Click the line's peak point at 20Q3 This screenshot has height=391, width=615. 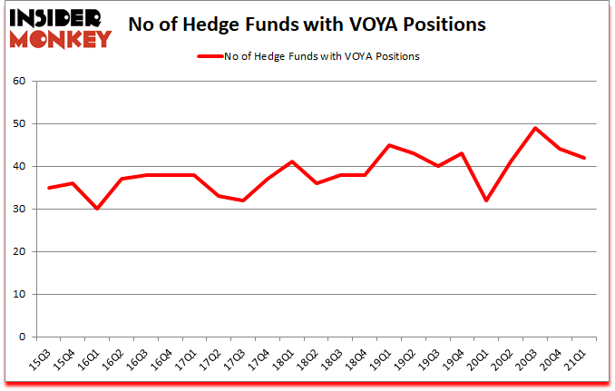point(536,128)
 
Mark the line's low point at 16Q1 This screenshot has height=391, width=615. point(97,209)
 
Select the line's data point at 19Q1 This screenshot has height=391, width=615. point(389,145)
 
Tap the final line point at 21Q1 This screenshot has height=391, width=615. point(583,158)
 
